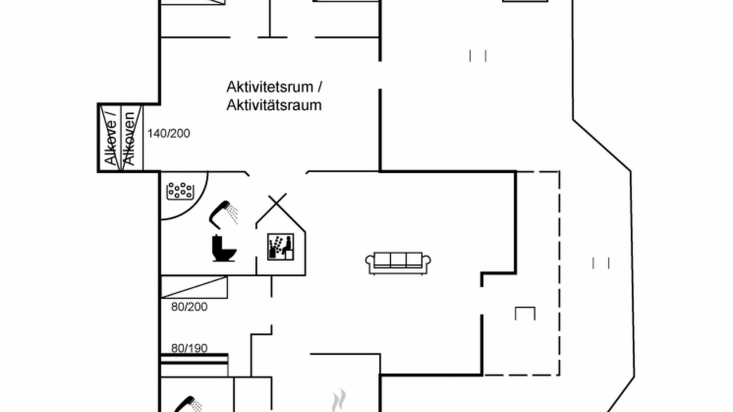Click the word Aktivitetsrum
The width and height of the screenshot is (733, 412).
click(270, 87)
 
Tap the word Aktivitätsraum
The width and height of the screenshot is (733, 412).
click(274, 105)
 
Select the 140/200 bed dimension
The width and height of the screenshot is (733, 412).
click(168, 133)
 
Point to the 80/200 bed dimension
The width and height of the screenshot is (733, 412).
click(189, 307)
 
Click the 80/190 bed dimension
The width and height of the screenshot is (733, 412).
click(189, 348)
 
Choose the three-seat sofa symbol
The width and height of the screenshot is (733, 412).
click(398, 263)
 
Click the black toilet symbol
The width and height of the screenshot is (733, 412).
click(224, 248)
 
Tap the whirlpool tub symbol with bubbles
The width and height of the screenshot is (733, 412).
click(180, 191)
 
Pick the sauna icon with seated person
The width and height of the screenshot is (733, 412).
click(281, 247)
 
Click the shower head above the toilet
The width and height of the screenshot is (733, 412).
click(223, 215)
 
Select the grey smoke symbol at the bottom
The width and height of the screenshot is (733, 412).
click(339, 400)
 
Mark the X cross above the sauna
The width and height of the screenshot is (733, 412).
click(277, 203)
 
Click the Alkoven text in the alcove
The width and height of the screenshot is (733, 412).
click(129, 138)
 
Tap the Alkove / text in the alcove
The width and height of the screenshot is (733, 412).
click(111, 138)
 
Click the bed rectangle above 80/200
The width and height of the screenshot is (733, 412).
click(194, 287)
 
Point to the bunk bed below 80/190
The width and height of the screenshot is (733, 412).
click(194, 365)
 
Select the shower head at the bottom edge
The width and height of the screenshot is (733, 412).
click(188, 405)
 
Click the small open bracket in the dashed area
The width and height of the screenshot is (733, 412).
click(525, 313)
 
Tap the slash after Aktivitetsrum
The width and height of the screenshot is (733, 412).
click(320, 88)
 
